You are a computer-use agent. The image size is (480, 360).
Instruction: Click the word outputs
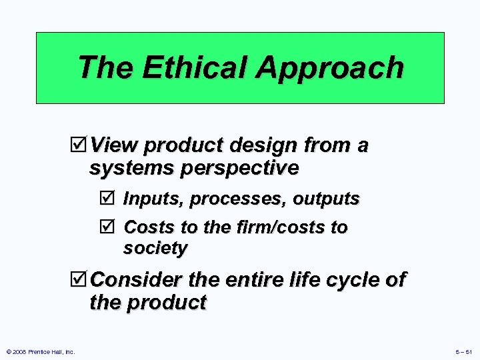326,199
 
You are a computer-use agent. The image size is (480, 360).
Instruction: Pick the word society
155,249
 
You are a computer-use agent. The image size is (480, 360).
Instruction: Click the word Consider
135,280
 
